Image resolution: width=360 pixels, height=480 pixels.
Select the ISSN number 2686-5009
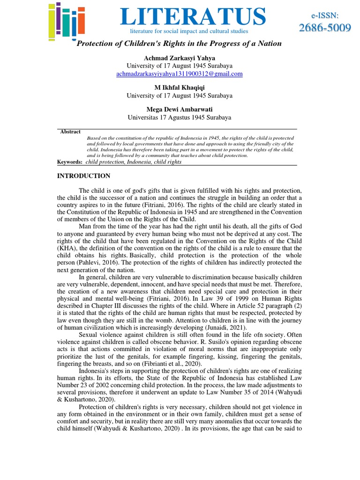point(325,28)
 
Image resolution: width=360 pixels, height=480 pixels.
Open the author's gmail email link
point(180,74)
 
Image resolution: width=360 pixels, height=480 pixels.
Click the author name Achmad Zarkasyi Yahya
point(180,58)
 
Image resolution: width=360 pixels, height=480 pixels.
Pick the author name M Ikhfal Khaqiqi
point(180,88)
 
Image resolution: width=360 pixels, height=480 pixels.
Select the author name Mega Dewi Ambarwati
point(180,110)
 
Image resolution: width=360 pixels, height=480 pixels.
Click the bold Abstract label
point(70,132)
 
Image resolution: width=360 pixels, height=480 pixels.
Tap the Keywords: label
point(70,162)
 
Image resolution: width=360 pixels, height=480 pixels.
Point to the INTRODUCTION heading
point(84,176)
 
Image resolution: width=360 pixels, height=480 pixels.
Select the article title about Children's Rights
point(179,44)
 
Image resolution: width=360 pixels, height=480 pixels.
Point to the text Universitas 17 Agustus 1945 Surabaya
point(180,118)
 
